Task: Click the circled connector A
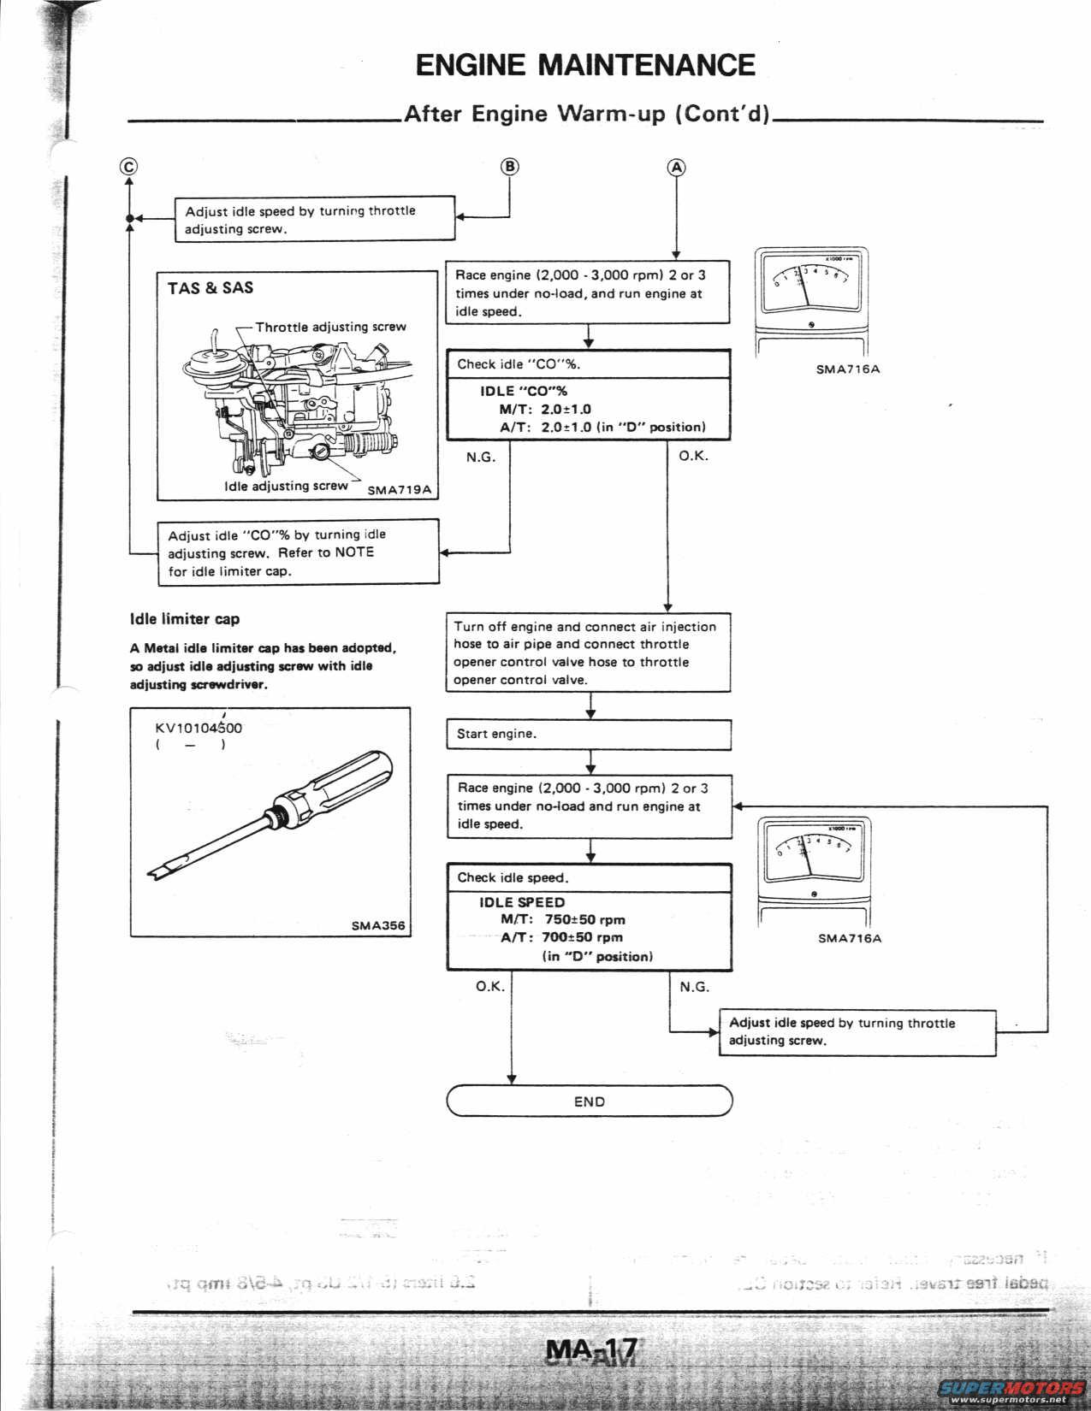676,167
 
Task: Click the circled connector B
509,166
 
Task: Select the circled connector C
128,167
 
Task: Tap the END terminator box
590,1101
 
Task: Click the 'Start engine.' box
589,734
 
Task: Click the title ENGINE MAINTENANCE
585,65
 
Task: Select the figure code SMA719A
400,490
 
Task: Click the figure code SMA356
377,924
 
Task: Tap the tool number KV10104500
199,729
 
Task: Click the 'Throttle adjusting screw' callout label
330,327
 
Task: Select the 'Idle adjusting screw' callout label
286,486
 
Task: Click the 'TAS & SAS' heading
210,288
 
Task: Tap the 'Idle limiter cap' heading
185,619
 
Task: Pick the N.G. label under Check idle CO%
481,457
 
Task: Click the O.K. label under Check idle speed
490,987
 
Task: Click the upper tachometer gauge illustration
810,291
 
